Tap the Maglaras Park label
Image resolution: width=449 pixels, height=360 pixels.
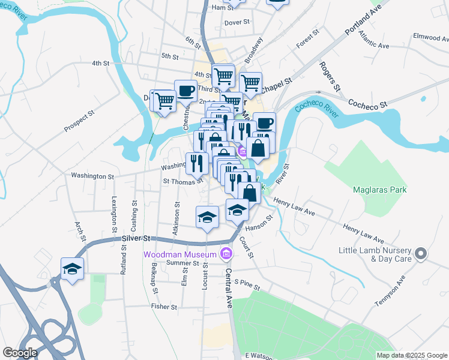pos(381,190)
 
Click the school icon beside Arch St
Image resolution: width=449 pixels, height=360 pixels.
pos(72,269)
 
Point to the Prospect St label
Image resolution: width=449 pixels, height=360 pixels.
pos(80,121)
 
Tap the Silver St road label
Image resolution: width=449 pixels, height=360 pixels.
pos(134,238)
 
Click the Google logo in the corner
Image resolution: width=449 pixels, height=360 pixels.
pos(20,353)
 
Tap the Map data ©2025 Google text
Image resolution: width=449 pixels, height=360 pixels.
pos(411,355)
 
